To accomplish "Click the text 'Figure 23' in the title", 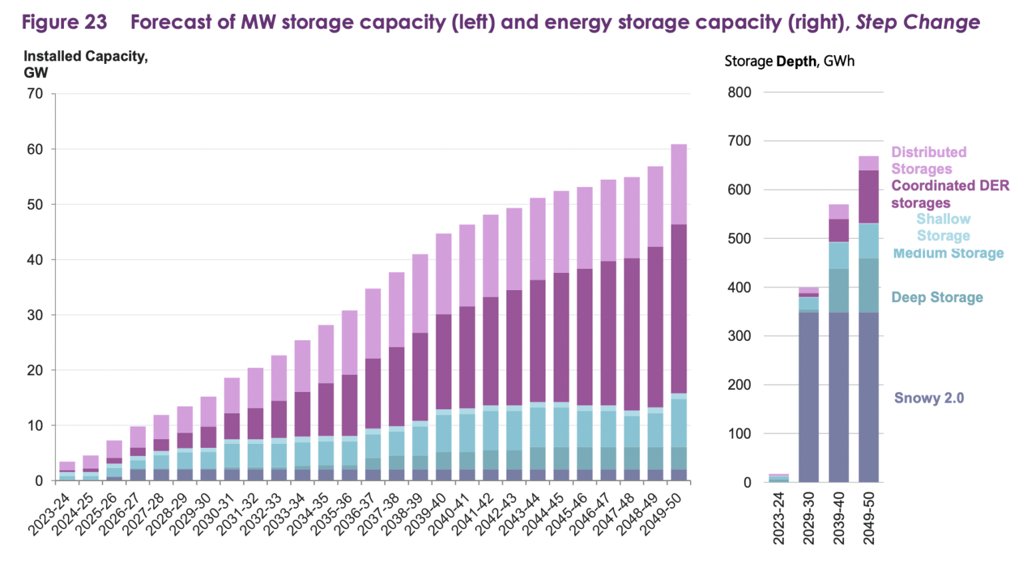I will [x=64, y=22].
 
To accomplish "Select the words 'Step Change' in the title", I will [x=917, y=22].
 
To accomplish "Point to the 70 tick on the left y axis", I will [x=35, y=94].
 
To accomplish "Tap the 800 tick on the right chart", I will [x=739, y=93].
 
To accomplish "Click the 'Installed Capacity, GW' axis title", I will [x=85, y=65].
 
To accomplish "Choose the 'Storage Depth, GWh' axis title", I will [x=789, y=61].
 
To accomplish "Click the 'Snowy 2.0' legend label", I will [x=928, y=398].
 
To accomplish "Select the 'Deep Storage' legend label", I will [x=936, y=297].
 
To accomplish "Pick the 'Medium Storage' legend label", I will [x=948, y=254].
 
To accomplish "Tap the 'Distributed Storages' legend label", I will [x=928, y=160].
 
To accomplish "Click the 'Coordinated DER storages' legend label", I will [x=950, y=194].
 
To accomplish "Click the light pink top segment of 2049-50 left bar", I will [x=679, y=184].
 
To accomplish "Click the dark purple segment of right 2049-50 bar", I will [x=868, y=197].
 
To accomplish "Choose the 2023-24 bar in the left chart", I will [x=67, y=471].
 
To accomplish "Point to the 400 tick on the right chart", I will [x=739, y=287].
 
